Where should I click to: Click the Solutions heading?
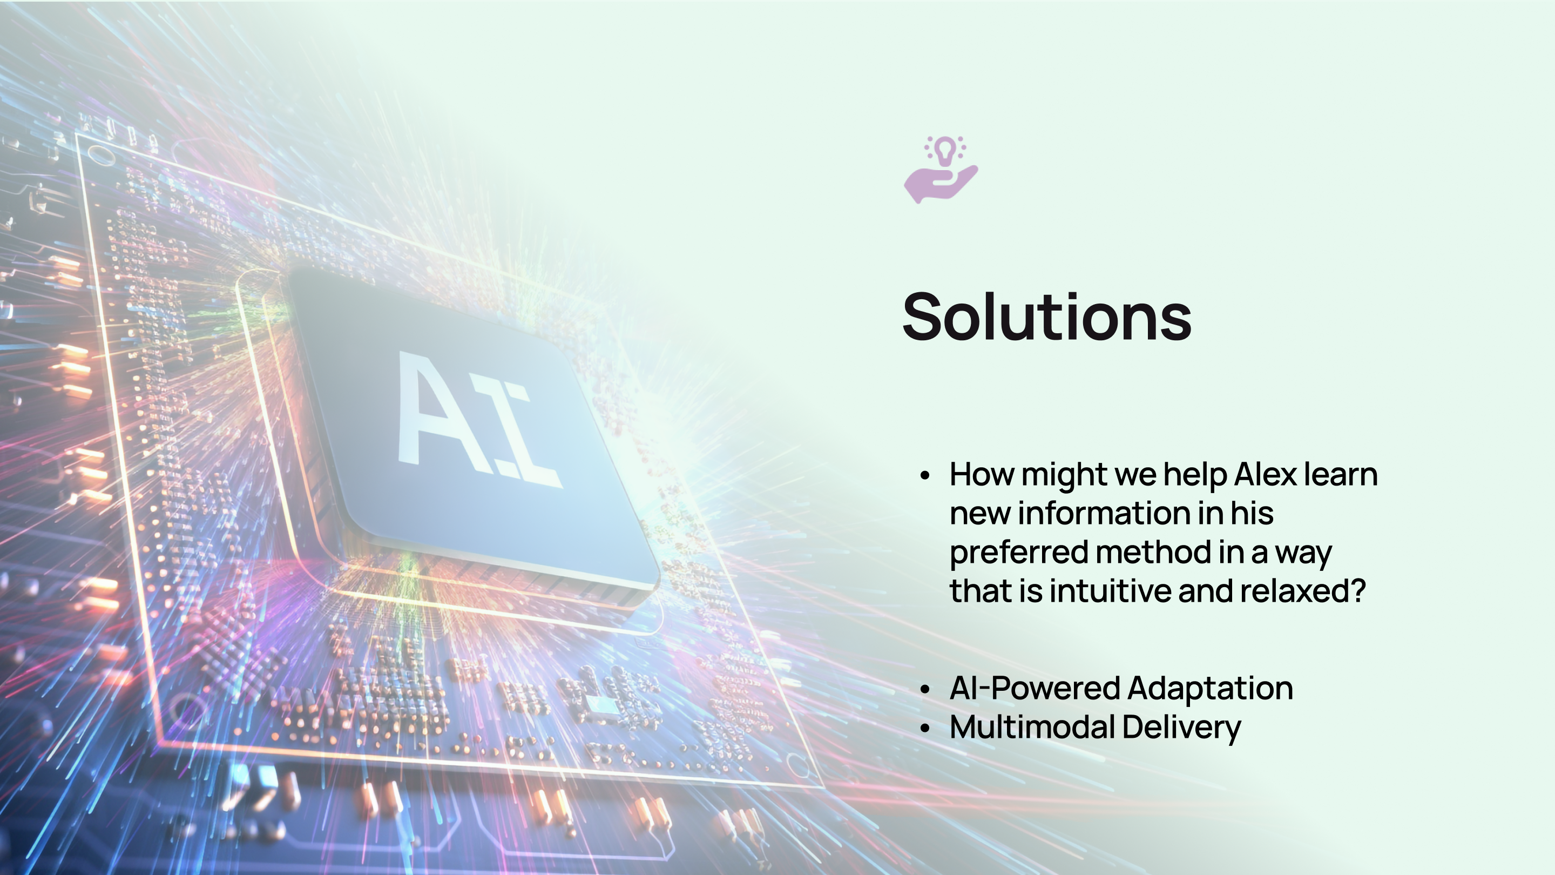(x=1047, y=317)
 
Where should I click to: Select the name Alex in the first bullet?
(x=1265, y=475)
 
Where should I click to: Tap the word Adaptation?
(x=1209, y=689)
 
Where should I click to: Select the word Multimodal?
(x=1032, y=727)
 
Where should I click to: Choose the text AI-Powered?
(x=1035, y=689)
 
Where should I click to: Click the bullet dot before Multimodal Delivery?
(x=925, y=728)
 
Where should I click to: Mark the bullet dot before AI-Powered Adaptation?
(x=925, y=690)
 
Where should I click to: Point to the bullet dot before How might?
(x=925, y=476)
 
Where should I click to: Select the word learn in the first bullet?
(x=1341, y=475)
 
